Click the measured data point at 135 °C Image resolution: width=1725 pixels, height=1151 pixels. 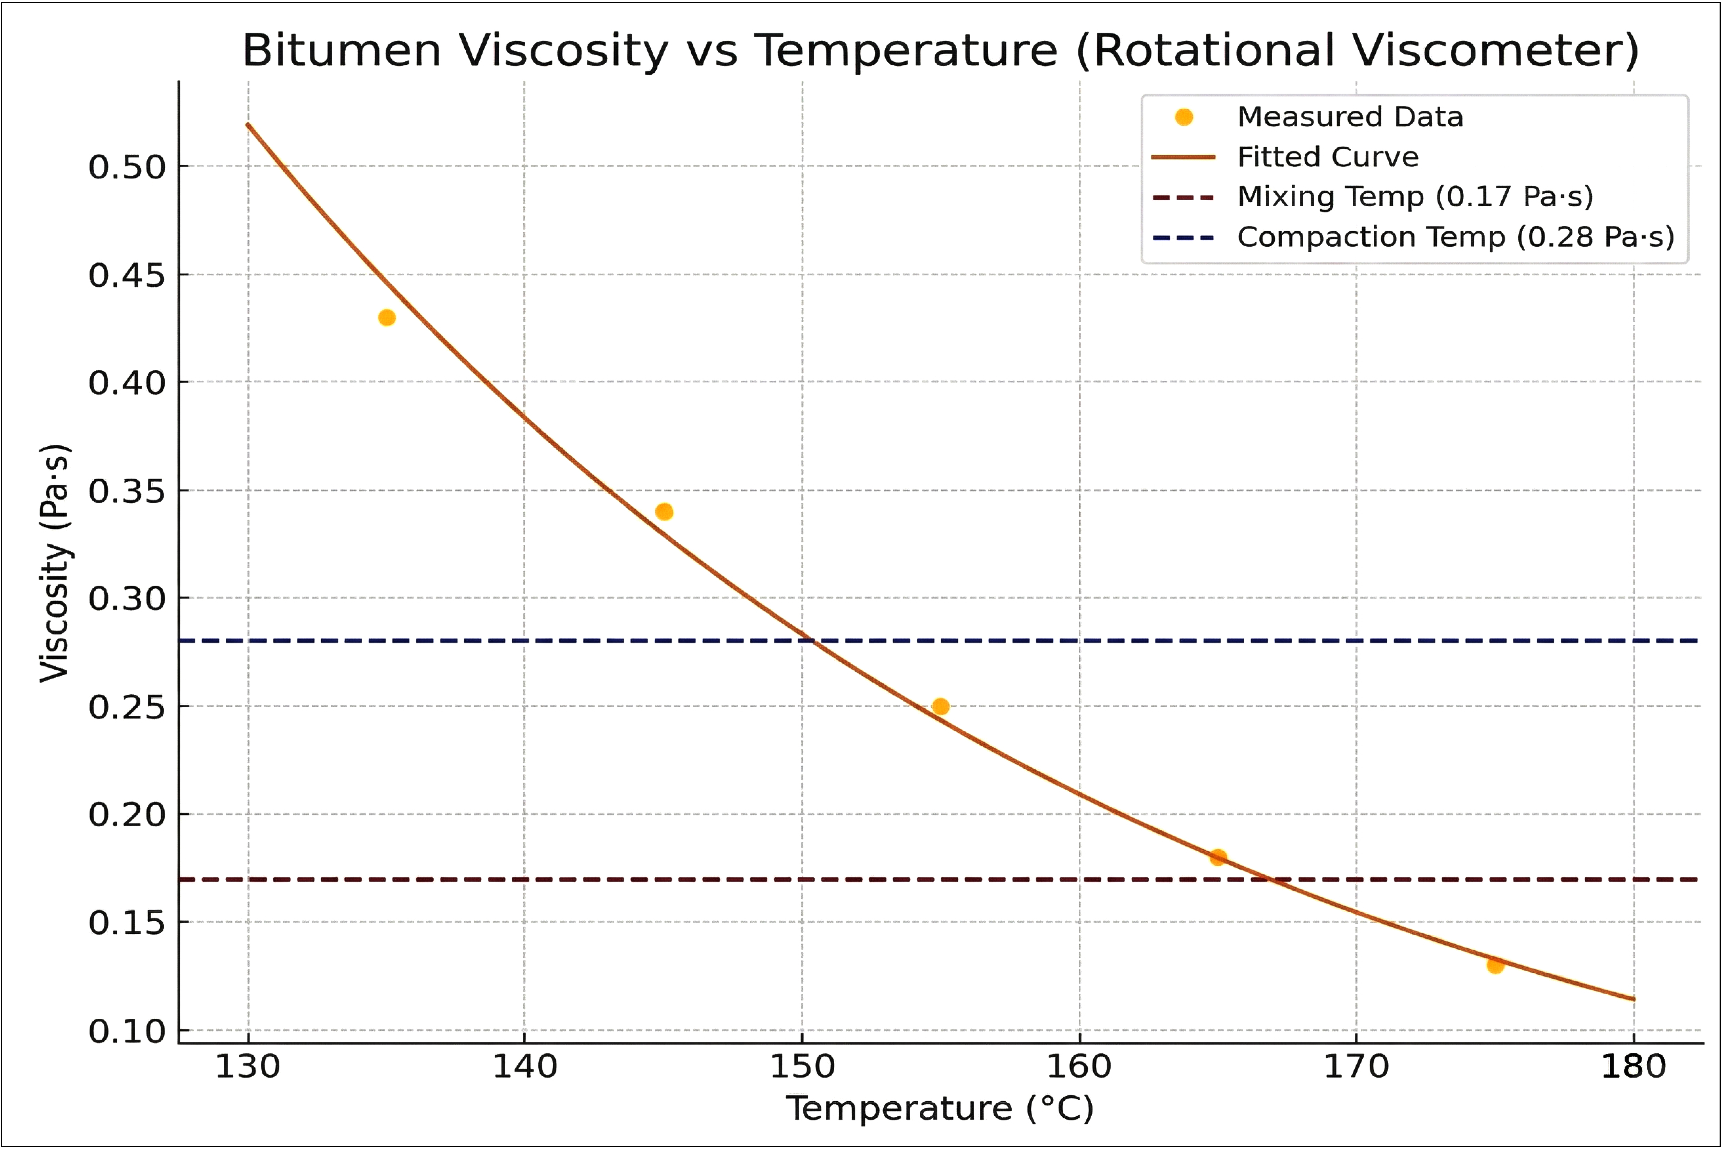pyautogui.click(x=387, y=318)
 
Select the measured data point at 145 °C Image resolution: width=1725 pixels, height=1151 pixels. pyautogui.click(x=664, y=512)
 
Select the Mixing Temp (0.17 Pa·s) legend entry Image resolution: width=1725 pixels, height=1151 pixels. pyautogui.click(x=1414, y=197)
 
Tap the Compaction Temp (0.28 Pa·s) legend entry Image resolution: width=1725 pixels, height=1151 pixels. pyautogui.click(x=1455, y=237)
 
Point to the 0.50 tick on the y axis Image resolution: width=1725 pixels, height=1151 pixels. pyautogui.click(x=127, y=167)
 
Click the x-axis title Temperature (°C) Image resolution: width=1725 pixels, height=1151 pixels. pyautogui.click(x=940, y=1108)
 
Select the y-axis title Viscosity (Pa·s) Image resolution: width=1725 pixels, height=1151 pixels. pyautogui.click(x=55, y=563)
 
